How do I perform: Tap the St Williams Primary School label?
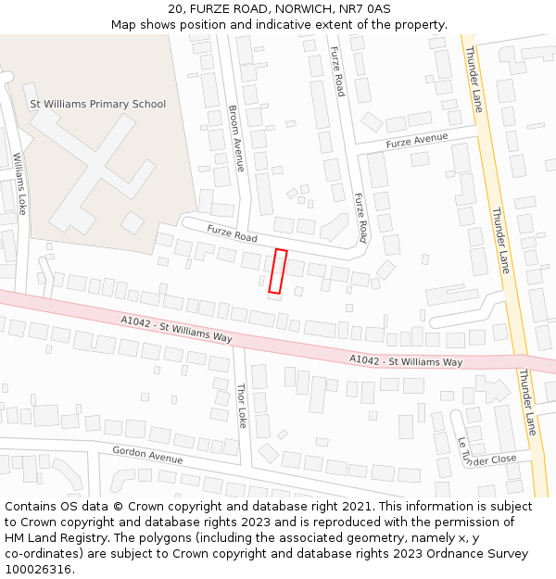tap(98, 104)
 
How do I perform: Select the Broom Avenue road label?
tap(236, 138)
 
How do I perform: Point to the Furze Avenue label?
tap(417, 141)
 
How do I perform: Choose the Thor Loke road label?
tap(242, 406)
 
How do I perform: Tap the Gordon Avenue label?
tap(147, 455)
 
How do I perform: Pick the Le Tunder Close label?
tap(486, 454)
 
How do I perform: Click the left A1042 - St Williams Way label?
tap(176, 330)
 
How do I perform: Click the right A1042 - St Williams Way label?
tap(406, 360)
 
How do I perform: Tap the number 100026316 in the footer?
tap(38, 569)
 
